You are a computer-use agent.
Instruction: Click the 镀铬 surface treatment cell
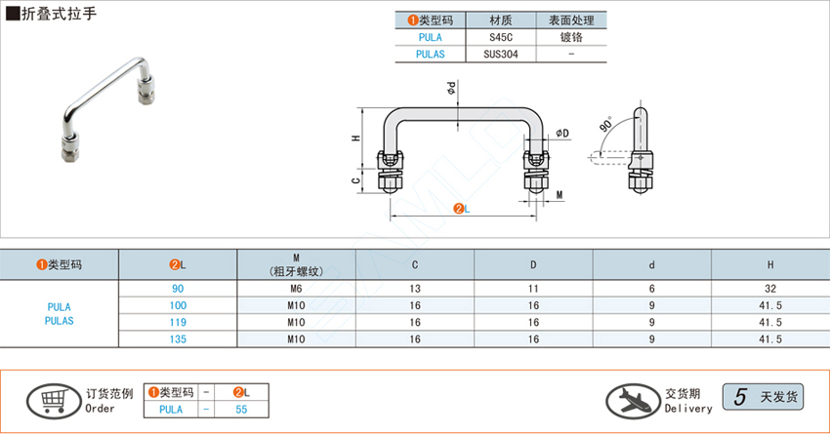[x=570, y=37]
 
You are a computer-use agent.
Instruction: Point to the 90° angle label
[x=606, y=126]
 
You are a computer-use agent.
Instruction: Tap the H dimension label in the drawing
[x=356, y=138]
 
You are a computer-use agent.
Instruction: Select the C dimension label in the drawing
[x=356, y=179]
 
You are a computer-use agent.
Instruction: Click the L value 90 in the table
[x=178, y=288]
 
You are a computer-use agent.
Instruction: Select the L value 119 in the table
[x=178, y=322]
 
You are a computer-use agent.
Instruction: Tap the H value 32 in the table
[x=770, y=288]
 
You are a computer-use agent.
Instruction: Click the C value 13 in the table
[x=415, y=288]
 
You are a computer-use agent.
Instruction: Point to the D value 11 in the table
[x=533, y=288]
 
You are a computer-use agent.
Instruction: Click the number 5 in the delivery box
[x=740, y=397]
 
